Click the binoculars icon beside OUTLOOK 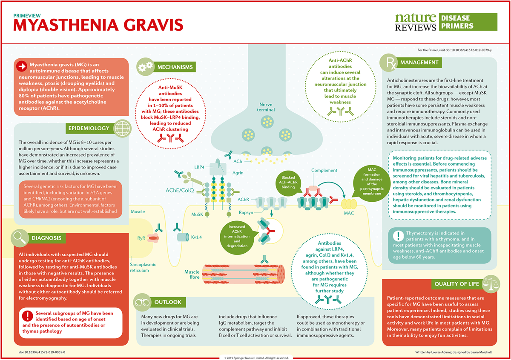pos(141,302)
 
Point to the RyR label pos(141,238)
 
